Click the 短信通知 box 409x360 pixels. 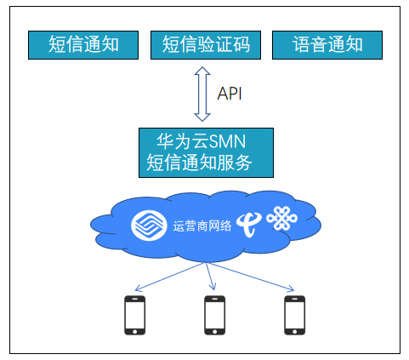coord(83,45)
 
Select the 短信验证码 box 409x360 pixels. coord(206,45)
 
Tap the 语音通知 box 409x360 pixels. coord(327,45)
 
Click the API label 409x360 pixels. coord(230,94)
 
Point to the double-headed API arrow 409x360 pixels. coord(202,94)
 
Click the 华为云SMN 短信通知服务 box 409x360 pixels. coord(206,152)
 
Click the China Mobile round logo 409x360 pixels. coord(149,226)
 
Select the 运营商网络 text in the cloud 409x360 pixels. coord(202,226)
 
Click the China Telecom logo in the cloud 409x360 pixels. coord(248,225)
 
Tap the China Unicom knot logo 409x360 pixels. coord(281,218)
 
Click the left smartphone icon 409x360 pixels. coord(135,315)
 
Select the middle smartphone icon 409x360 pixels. coord(215,315)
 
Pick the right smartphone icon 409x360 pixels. coord(295,315)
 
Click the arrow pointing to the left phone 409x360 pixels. coord(169,277)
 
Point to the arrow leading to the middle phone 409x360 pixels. coord(210,276)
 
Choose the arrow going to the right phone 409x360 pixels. coord(250,277)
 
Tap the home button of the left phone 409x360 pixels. coord(135,331)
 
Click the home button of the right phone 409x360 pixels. coord(295,331)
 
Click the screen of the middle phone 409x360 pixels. coord(215,315)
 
